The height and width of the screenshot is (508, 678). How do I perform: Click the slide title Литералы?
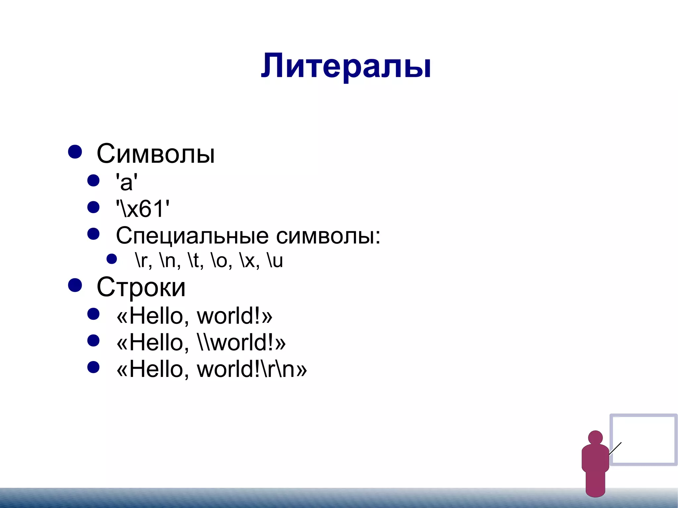point(346,66)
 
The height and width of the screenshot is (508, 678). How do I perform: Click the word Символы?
point(156,154)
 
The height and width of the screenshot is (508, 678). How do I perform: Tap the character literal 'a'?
point(126,182)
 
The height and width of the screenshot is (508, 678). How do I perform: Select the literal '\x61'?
point(143,209)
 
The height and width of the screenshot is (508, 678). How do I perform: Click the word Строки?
point(141,287)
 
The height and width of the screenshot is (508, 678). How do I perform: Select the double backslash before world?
point(203,342)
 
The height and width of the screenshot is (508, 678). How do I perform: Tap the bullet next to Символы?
point(75,152)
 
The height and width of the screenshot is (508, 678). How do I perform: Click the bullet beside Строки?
point(75,285)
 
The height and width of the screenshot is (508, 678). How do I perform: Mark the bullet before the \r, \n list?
point(112,259)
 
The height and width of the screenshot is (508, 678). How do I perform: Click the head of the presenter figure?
point(595,438)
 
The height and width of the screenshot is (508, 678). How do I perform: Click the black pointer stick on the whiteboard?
point(615,448)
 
